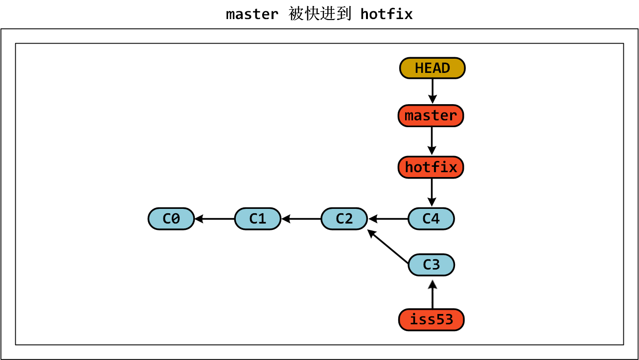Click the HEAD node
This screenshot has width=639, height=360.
pyautogui.click(x=432, y=68)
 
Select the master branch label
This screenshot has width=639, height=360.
pyautogui.click(x=431, y=116)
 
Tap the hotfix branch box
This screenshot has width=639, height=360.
pyautogui.click(x=431, y=167)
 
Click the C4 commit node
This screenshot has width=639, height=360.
pyautogui.click(x=431, y=219)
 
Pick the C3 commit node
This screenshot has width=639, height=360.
pyautogui.click(x=431, y=265)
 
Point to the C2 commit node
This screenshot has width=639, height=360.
pyautogui.click(x=344, y=219)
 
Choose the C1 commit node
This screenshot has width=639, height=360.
pyautogui.click(x=257, y=219)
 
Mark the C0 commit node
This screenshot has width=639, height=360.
pyautogui.click(x=171, y=219)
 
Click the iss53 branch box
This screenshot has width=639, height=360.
pyautogui.click(x=431, y=320)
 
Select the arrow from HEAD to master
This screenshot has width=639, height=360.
pyautogui.click(x=432, y=91)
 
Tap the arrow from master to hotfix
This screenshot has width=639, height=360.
pyautogui.click(x=432, y=141)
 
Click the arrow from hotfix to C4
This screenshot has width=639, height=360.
pyautogui.click(x=432, y=192)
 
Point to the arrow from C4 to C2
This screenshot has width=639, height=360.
pyautogui.click(x=388, y=219)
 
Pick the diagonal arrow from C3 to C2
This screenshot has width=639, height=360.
pyautogui.click(x=388, y=247)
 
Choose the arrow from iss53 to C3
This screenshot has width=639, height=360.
pyautogui.click(x=432, y=295)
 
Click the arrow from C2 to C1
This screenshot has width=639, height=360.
pyautogui.click(x=301, y=219)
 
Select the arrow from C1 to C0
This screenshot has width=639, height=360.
pyautogui.click(x=214, y=219)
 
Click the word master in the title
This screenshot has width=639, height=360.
pyautogui.click(x=252, y=14)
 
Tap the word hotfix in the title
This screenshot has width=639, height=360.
pyautogui.click(x=387, y=14)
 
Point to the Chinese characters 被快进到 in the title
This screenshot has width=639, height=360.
pyautogui.click(x=319, y=14)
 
